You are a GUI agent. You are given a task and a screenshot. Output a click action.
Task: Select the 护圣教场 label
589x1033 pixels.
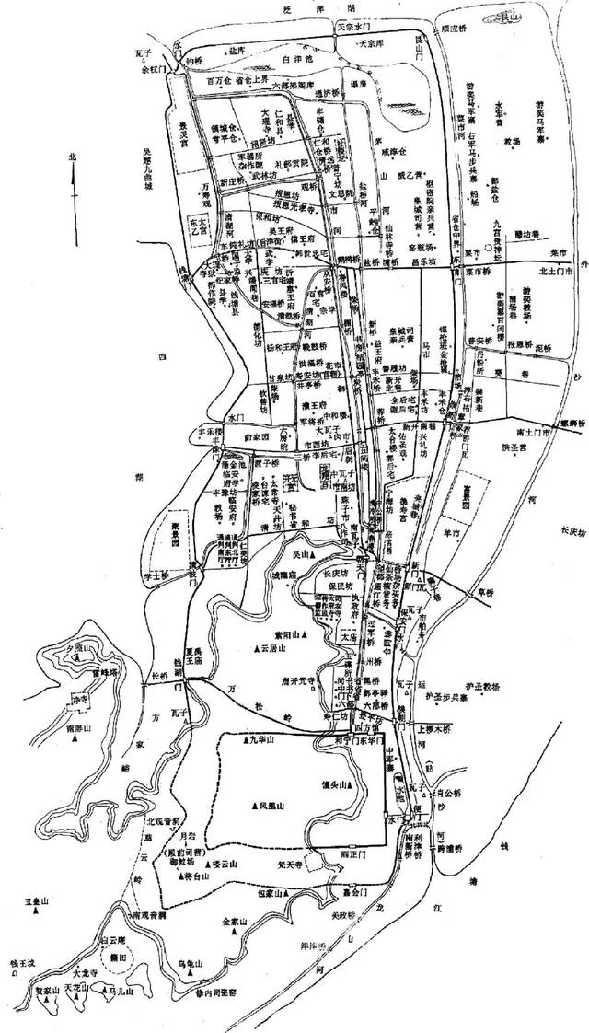(x=485, y=686)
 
